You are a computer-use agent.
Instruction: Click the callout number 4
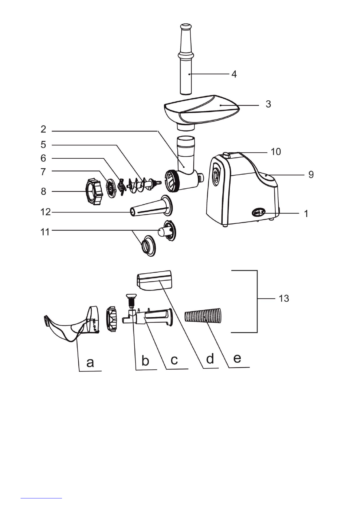(x=234, y=74)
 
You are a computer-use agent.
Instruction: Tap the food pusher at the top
(x=186, y=59)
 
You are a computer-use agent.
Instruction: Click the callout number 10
(x=276, y=151)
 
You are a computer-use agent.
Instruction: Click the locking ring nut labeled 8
(x=94, y=192)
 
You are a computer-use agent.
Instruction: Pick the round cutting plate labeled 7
(x=111, y=188)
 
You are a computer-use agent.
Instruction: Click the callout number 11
(x=45, y=232)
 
